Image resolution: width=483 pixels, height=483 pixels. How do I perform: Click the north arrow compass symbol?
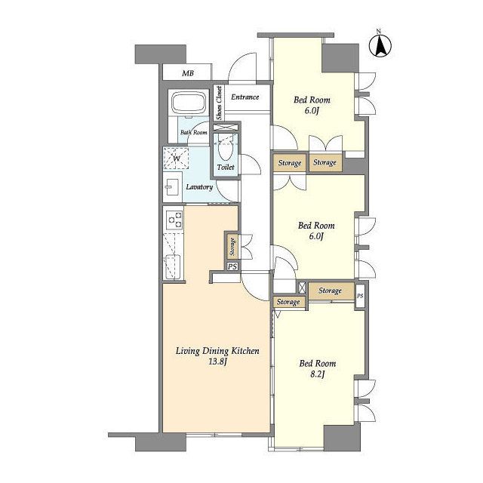[x=380, y=45]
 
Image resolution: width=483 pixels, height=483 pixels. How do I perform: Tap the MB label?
[x=188, y=73]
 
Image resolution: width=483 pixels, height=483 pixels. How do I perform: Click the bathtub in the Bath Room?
[x=188, y=103]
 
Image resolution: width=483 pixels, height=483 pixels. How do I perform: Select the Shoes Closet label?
[x=219, y=103]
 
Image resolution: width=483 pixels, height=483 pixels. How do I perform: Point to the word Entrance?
[x=245, y=97]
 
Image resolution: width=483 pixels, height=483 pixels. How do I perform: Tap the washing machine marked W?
[x=176, y=158]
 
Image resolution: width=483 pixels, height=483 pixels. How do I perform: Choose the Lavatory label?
[x=199, y=187]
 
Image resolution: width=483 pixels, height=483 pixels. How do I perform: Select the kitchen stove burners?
[x=174, y=220]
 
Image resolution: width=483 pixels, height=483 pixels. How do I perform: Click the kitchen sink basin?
[x=173, y=266]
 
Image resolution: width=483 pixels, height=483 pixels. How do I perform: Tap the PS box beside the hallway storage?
[x=232, y=266]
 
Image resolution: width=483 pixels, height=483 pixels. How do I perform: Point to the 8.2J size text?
[x=317, y=375]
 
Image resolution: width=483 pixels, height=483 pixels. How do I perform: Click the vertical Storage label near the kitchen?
[x=232, y=247]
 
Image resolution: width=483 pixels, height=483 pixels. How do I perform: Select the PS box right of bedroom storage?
[x=360, y=296]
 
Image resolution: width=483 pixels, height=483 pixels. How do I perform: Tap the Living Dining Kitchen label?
[x=217, y=351]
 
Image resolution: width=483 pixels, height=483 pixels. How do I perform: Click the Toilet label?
[x=226, y=168]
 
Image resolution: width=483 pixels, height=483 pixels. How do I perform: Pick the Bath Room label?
[x=194, y=133]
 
